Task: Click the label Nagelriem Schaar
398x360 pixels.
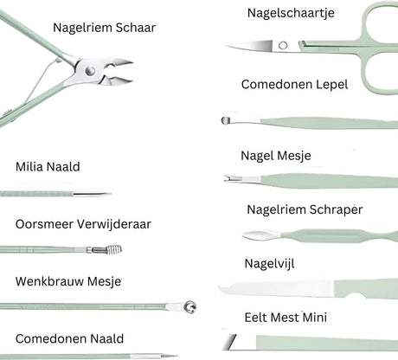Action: tap(104, 28)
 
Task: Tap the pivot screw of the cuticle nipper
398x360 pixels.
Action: tap(90, 70)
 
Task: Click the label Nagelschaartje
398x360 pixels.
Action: tap(291, 13)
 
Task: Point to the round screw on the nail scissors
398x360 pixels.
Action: tap(283, 45)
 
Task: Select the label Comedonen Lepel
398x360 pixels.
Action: tap(294, 85)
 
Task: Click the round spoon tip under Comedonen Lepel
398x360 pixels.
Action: tap(226, 120)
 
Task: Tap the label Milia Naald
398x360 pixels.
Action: tap(48, 167)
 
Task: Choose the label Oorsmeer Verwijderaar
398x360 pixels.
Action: tap(83, 224)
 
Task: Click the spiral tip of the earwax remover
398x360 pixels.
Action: tap(114, 249)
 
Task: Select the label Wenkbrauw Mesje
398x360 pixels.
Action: tap(68, 281)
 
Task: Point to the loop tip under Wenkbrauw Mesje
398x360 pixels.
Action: tap(190, 306)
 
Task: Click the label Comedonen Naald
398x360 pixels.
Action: tap(69, 338)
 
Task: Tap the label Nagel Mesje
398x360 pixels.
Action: tap(276, 156)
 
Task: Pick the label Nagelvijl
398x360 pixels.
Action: tap(269, 264)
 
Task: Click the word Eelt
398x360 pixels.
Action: tap(256, 318)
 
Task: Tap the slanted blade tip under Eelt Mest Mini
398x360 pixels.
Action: tap(231, 342)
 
